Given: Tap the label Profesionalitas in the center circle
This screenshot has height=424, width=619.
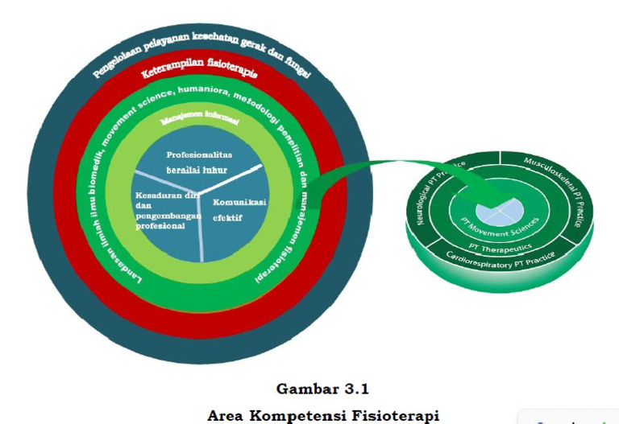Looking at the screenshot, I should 199,154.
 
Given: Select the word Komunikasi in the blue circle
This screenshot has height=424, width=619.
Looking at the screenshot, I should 239,202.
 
